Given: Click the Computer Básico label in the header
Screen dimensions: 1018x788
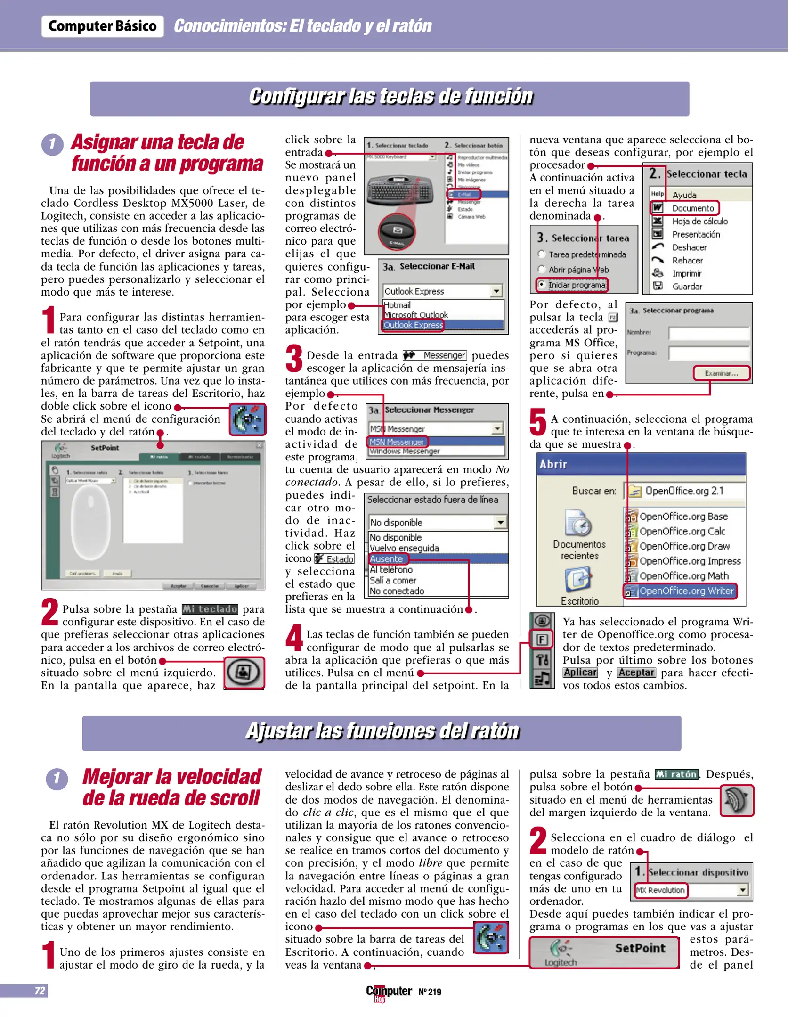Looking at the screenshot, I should pyautogui.click(x=102, y=26).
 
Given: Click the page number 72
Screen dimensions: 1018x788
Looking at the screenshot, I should pyautogui.click(x=40, y=991).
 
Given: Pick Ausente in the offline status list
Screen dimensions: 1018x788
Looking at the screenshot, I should pyautogui.click(x=387, y=559).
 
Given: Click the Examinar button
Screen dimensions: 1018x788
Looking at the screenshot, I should pyautogui.click(x=721, y=373).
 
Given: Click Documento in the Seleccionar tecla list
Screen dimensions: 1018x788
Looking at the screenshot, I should pyautogui.click(x=692, y=208).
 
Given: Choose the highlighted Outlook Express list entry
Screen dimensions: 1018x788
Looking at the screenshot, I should pyautogui.click(x=413, y=325).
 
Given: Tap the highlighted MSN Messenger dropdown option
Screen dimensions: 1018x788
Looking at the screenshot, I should pyautogui.click(x=397, y=442).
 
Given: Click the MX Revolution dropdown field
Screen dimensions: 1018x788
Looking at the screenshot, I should pyautogui.click(x=660, y=890).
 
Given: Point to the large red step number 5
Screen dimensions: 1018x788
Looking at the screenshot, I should pyautogui.click(x=537, y=422).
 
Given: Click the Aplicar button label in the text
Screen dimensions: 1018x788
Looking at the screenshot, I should pyautogui.click(x=580, y=673).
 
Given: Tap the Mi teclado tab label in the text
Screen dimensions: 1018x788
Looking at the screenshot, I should pyautogui.click(x=210, y=609).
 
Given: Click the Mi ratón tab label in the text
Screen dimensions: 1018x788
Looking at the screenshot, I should pyautogui.click(x=676, y=774).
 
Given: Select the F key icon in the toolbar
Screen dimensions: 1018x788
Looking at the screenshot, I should pyautogui.click(x=542, y=640).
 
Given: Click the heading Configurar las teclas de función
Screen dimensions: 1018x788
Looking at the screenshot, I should pyautogui.click(x=390, y=97).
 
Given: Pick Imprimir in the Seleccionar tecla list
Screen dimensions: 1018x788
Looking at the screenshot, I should pyautogui.click(x=686, y=274).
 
